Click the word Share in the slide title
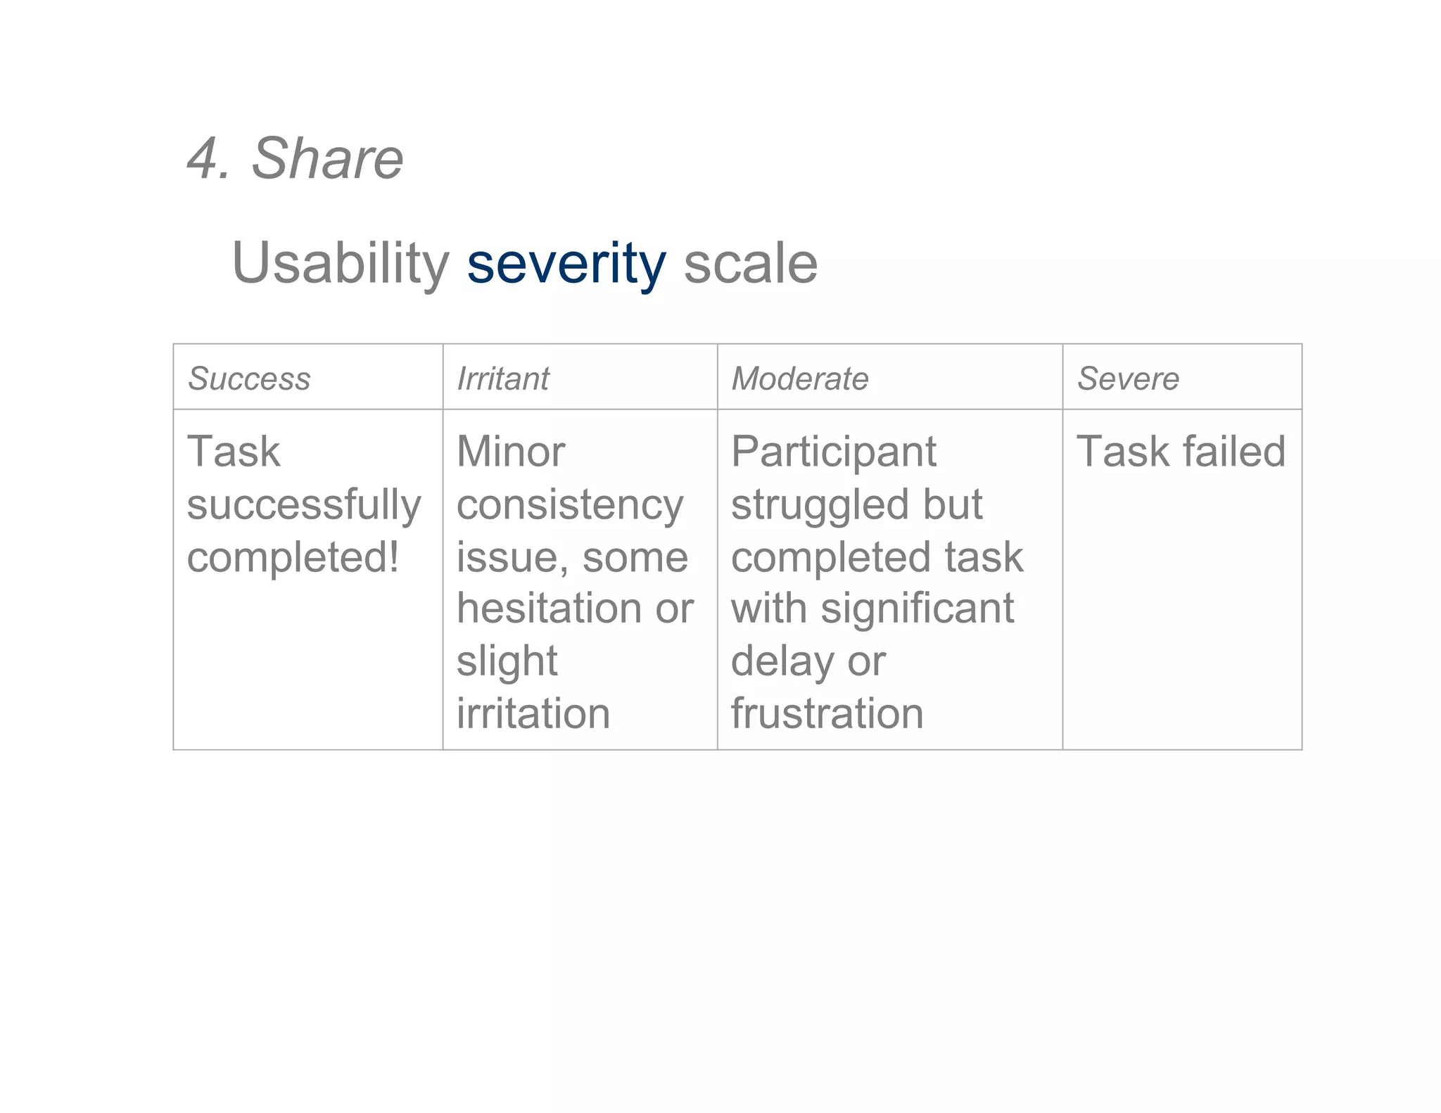click(327, 158)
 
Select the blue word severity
click(566, 264)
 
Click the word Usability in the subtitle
click(341, 264)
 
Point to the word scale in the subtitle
click(750, 264)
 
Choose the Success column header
click(249, 379)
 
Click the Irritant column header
click(503, 379)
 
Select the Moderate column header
click(800, 379)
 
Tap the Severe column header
click(1128, 379)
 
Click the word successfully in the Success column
click(304, 505)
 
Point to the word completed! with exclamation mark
click(293, 557)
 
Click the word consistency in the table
click(570, 505)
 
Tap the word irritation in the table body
click(533, 713)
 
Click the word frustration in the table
click(827, 713)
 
